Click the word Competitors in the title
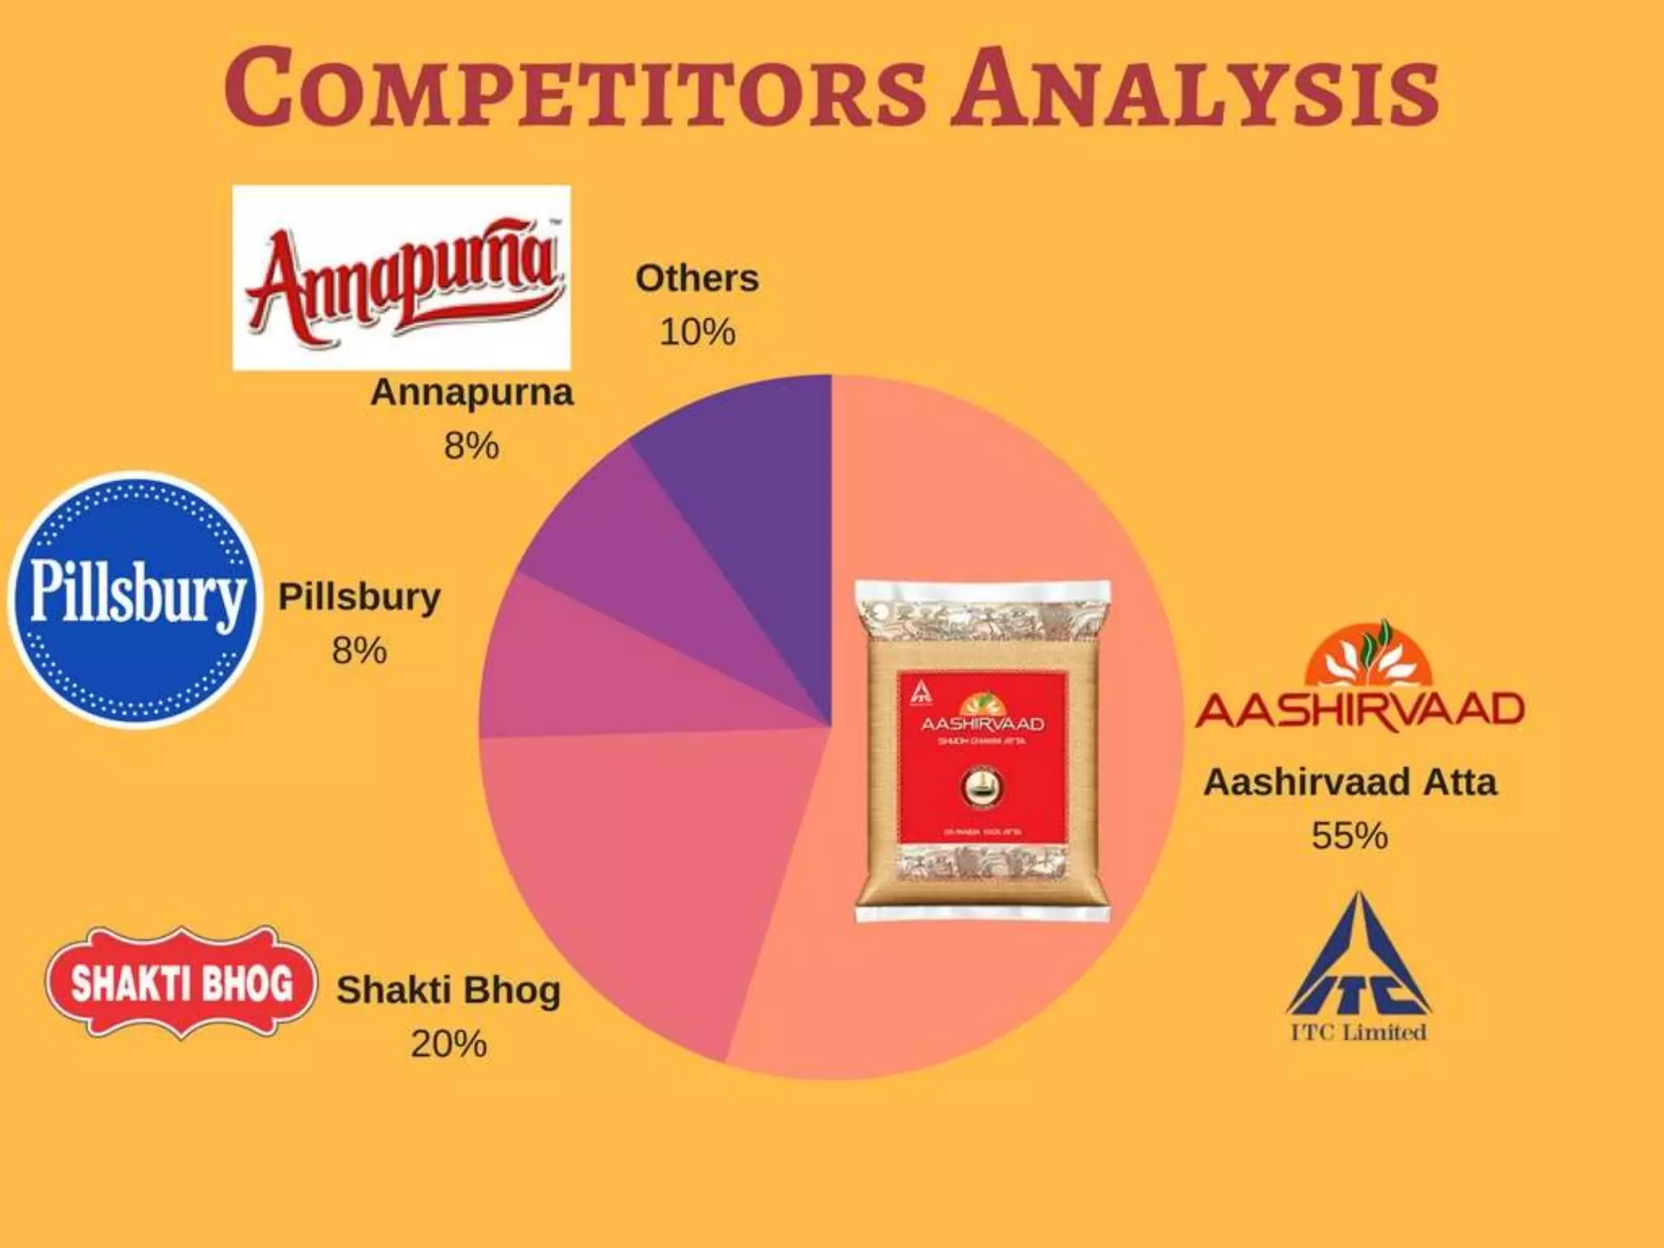(574, 87)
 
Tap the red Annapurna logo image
(401, 278)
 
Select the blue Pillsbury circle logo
(136, 600)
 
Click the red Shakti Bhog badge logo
(180, 983)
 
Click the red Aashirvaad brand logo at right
(1359, 678)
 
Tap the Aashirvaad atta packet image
(983, 752)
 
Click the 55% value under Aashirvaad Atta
(1349, 835)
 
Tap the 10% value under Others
(697, 332)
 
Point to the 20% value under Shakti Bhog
(448, 1044)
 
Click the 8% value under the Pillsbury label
(359, 651)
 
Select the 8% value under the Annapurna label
(471, 446)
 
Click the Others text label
(697, 279)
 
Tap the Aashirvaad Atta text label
(1350, 782)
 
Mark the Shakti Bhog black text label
(448, 990)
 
